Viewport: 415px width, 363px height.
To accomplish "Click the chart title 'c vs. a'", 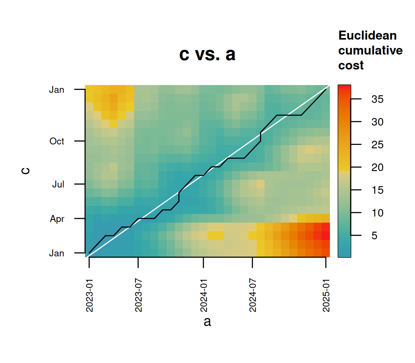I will (x=207, y=55).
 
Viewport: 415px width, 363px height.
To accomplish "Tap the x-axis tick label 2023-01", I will (x=90, y=296).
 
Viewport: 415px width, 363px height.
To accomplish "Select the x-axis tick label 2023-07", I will (x=138, y=296).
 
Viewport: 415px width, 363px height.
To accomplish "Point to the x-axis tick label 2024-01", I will (x=204, y=296).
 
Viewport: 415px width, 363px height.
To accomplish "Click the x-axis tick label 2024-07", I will (x=253, y=296).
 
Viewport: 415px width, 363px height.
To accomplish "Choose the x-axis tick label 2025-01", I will (x=326, y=296).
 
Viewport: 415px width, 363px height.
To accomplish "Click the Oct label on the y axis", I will (x=57, y=141).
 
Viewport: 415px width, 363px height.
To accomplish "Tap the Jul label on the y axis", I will (x=58, y=184).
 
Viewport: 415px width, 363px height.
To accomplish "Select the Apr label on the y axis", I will (x=57, y=219).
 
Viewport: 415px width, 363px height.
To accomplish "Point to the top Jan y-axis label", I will (x=56, y=90).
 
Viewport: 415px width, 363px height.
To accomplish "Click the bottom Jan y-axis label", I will (x=56, y=253).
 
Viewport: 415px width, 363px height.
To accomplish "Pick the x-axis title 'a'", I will (x=207, y=322).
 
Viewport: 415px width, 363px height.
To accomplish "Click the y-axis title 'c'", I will (x=26, y=171).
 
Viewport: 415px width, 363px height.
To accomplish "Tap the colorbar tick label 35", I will (x=377, y=100).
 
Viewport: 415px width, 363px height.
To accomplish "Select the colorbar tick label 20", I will (x=377, y=168).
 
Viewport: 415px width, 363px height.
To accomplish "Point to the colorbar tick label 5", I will (x=374, y=236).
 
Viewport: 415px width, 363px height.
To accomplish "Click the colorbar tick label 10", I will (x=377, y=213).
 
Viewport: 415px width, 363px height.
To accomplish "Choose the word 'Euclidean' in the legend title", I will (x=367, y=36).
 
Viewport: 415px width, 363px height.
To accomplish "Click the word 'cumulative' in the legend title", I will (x=370, y=50).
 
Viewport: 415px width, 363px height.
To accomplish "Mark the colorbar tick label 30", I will (x=377, y=122).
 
